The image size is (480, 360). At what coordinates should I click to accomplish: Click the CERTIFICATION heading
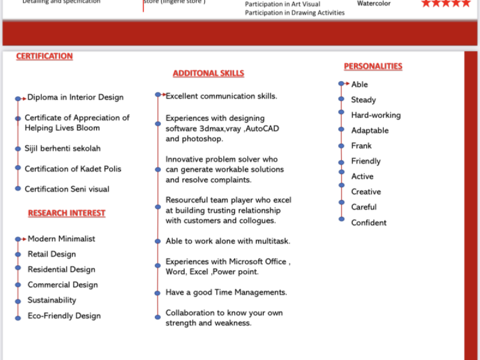click(44, 56)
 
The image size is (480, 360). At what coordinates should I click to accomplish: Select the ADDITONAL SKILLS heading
click(208, 73)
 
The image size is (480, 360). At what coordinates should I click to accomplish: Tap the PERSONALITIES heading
click(373, 67)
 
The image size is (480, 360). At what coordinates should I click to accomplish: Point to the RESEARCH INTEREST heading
click(67, 213)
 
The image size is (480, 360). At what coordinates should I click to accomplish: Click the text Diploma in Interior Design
click(76, 97)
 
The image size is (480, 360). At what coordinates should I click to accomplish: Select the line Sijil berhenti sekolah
click(62, 148)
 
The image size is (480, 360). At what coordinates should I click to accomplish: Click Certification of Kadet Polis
click(73, 169)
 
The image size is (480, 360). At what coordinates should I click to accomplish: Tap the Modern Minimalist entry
click(61, 239)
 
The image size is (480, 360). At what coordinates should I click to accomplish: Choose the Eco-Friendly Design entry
click(64, 316)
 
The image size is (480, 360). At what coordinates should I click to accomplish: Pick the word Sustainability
click(52, 300)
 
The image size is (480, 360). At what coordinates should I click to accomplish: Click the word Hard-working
click(376, 115)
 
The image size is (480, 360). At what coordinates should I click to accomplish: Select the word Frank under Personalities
click(361, 146)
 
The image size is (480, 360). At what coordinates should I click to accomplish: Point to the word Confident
click(369, 223)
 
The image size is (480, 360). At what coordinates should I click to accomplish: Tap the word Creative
click(366, 192)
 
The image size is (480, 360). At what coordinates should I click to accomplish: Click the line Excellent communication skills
click(221, 96)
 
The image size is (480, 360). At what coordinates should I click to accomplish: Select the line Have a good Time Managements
click(226, 292)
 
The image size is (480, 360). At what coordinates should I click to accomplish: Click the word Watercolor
click(374, 4)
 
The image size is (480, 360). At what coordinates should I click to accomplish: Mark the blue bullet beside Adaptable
click(341, 130)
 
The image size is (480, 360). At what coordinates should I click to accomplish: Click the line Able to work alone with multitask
click(228, 241)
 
